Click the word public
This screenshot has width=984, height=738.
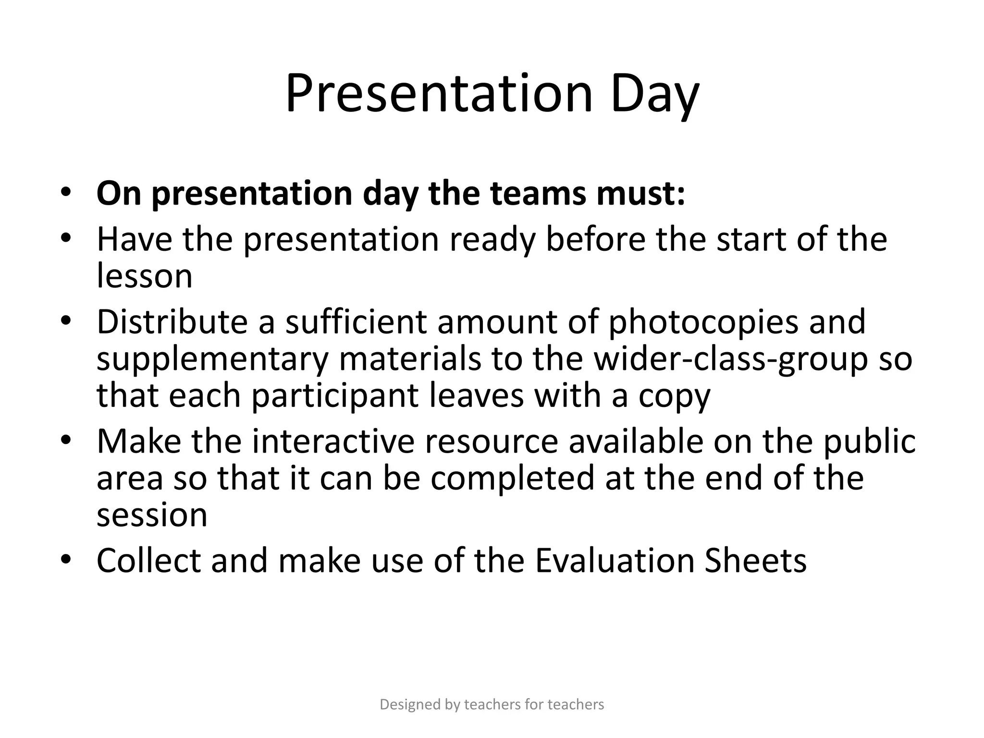point(870,441)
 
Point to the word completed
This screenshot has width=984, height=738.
point(512,478)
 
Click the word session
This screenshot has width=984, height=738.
point(152,515)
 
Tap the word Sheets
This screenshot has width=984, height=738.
point(755,561)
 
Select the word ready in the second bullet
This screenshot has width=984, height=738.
point(492,240)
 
